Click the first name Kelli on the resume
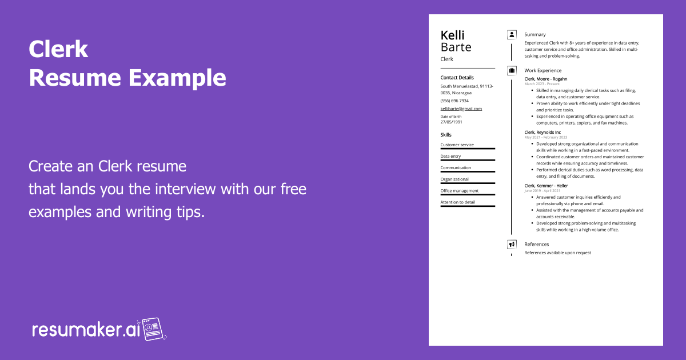coord(453,35)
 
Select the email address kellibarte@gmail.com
coord(461,109)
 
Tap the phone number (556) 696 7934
coord(454,101)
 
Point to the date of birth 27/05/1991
coord(452,122)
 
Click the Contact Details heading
coord(457,78)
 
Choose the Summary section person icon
coord(512,35)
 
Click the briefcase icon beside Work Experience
coord(512,71)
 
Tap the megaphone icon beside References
coord(512,245)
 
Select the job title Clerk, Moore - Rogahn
coord(546,79)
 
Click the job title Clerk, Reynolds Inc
coord(543,133)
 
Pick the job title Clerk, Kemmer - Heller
coord(547,186)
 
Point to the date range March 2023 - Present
coord(542,84)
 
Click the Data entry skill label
coord(450,156)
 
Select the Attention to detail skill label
coord(457,202)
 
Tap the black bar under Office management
coord(468,194)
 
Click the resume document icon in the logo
coord(153,330)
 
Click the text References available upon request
coord(557,253)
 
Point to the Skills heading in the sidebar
coord(446,135)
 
